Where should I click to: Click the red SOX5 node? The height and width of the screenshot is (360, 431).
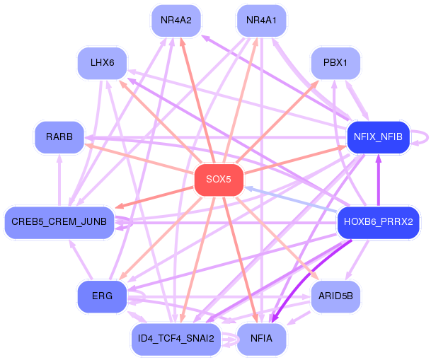click(219, 180)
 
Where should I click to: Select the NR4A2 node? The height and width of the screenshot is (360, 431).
click(176, 21)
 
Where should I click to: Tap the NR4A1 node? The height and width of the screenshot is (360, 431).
click(261, 21)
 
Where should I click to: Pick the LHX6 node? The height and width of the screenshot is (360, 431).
click(102, 63)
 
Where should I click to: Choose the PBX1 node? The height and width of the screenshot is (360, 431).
click(335, 63)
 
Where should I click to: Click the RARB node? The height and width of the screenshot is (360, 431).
click(59, 137)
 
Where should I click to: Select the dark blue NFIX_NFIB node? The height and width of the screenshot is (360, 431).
click(378, 137)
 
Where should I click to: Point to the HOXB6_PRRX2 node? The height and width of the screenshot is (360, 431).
click(378, 222)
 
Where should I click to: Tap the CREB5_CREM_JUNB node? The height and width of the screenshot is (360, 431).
click(59, 222)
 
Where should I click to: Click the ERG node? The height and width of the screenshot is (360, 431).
click(102, 296)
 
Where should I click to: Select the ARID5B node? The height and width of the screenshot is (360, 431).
click(335, 296)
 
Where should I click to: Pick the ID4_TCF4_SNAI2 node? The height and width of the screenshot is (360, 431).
click(176, 339)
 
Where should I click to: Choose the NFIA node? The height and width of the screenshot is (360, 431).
click(261, 339)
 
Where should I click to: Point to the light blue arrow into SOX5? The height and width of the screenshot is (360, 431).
click(291, 199)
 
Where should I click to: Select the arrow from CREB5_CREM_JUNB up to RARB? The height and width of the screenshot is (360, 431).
click(59, 180)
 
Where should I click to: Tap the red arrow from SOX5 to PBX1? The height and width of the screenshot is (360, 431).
click(277, 122)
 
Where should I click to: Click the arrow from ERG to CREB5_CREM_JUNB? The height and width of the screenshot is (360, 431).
click(81, 260)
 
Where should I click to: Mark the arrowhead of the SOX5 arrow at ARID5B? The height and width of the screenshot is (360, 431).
click(316, 277)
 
